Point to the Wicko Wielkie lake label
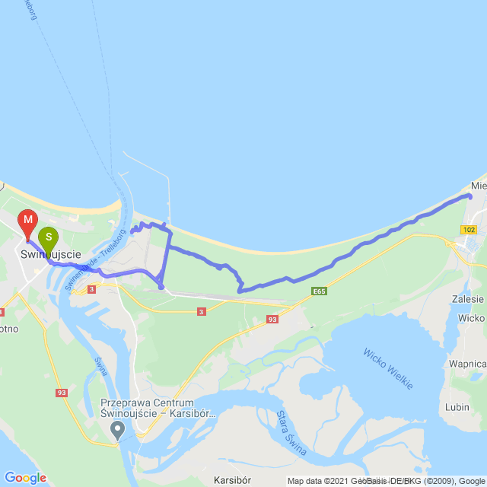(387, 369)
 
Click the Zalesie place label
(467, 299)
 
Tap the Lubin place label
(457, 407)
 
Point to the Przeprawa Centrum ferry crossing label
(158, 409)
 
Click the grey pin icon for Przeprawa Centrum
(117, 431)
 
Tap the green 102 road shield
(468, 228)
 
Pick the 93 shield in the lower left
(62, 393)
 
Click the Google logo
(25, 478)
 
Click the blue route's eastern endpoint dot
(469, 197)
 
